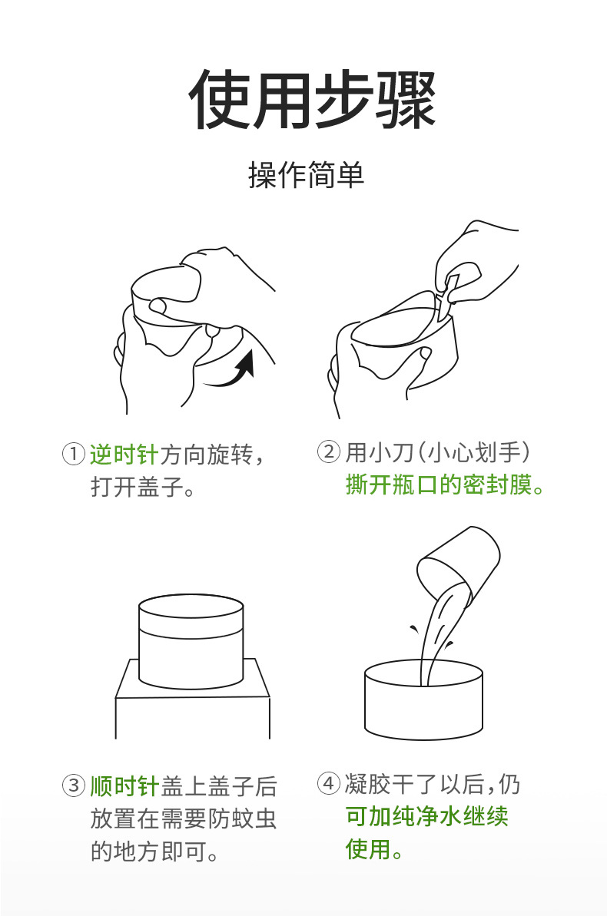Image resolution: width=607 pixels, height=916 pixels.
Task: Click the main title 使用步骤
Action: (x=311, y=100)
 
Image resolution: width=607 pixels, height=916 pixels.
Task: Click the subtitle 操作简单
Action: (x=306, y=176)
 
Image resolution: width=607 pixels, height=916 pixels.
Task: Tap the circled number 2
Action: (x=328, y=453)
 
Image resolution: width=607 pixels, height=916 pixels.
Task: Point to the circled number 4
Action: (x=328, y=784)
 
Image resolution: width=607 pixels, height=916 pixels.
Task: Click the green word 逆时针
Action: (x=123, y=455)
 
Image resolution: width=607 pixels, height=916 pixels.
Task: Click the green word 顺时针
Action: (x=123, y=786)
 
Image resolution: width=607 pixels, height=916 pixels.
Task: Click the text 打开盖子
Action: (x=141, y=488)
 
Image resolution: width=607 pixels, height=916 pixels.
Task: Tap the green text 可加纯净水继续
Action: (x=426, y=816)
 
